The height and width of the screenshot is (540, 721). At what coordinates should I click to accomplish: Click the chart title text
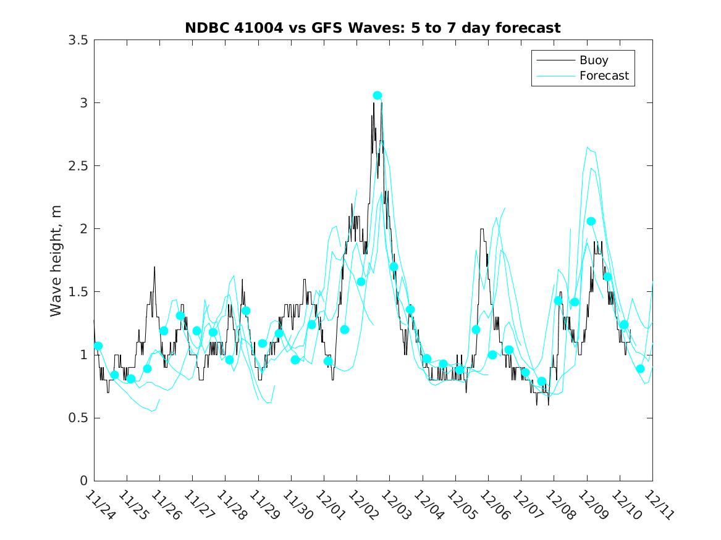(x=373, y=28)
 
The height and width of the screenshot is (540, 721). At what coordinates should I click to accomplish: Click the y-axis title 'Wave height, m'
(x=56, y=260)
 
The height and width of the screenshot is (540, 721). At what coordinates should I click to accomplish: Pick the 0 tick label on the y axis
(x=83, y=481)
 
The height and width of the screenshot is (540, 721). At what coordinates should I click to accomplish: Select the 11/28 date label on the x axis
(x=231, y=506)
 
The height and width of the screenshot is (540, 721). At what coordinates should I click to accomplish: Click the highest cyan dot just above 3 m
(x=377, y=95)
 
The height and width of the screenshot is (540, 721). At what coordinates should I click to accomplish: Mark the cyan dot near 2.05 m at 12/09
(x=591, y=221)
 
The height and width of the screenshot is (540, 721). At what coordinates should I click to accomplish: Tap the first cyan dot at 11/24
(x=98, y=346)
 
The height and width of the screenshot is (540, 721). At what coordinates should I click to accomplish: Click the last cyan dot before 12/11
(x=640, y=368)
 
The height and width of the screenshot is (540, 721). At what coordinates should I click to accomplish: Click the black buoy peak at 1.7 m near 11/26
(x=154, y=267)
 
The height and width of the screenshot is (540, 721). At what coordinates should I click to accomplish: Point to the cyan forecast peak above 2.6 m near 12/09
(x=588, y=147)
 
